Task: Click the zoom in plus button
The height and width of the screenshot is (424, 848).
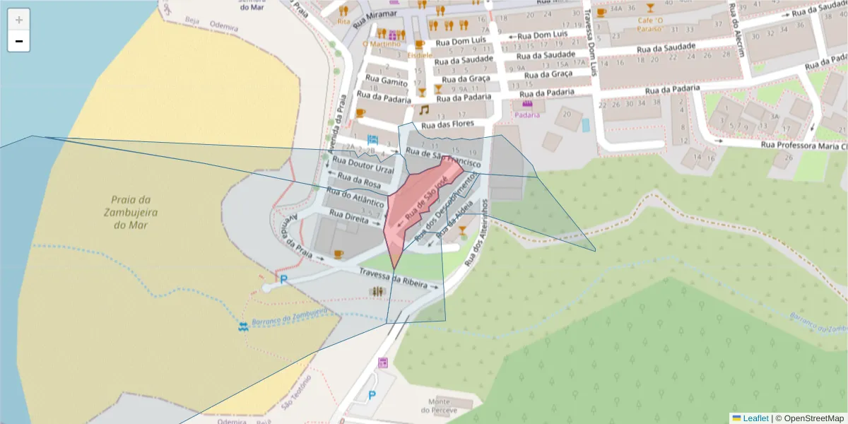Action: pos(19,20)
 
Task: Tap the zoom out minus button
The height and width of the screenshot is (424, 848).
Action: pos(19,42)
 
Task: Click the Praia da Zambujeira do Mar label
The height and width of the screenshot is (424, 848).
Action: pos(129,212)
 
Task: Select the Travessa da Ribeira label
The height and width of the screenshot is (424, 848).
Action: pos(393,278)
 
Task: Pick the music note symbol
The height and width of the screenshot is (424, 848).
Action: pos(424,110)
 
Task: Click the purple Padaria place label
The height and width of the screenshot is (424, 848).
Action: pos(527,114)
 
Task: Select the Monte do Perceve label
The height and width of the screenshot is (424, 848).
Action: pos(435,405)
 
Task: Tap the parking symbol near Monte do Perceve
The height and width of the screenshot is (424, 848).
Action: pos(372,395)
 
